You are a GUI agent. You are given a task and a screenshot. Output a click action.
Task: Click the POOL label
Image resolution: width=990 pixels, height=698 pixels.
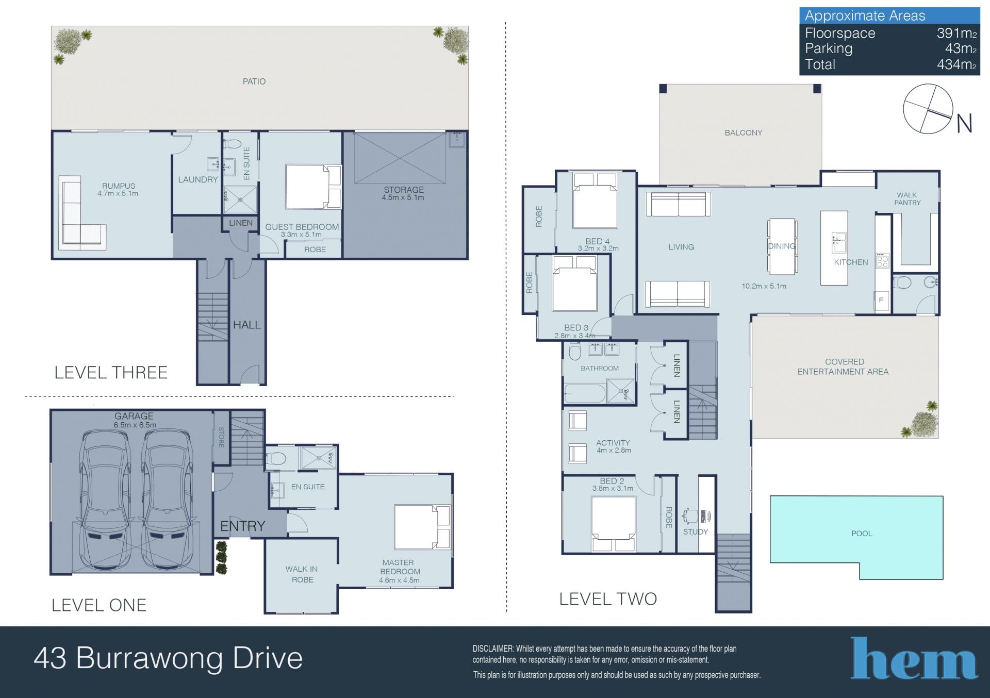tap(862, 534)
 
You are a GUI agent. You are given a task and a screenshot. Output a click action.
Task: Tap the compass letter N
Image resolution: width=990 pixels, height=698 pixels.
tap(964, 124)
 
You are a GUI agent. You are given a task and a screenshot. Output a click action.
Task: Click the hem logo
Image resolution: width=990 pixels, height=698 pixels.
tap(914, 658)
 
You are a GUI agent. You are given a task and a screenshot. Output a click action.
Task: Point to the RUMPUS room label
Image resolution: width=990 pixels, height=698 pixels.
tap(119, 186)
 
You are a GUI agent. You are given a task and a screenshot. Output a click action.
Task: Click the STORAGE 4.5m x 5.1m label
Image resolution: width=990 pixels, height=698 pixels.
tap(403, 193)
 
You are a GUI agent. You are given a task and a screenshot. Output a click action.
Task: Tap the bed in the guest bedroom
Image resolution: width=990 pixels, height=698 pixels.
tap(313, 187)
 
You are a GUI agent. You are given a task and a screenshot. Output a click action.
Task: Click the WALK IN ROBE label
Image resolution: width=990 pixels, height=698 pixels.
tap(302, 574)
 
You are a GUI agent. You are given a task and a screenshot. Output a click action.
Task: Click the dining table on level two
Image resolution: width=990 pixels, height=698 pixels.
tap(782, 246)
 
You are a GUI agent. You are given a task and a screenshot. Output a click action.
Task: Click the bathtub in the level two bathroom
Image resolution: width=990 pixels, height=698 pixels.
tap(585, 394)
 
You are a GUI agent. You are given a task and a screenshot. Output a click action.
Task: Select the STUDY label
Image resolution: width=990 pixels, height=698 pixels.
tap(696, 531)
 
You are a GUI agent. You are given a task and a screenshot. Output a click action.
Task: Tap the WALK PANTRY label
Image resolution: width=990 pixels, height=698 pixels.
tap(907, 199)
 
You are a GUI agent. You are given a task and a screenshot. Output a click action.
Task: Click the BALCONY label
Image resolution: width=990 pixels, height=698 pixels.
tap(743, 132)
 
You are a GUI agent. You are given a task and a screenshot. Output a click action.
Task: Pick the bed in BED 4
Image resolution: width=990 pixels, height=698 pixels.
tap(596, 201)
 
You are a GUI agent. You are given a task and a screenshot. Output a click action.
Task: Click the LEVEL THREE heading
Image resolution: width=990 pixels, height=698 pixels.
tap(111, 372)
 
